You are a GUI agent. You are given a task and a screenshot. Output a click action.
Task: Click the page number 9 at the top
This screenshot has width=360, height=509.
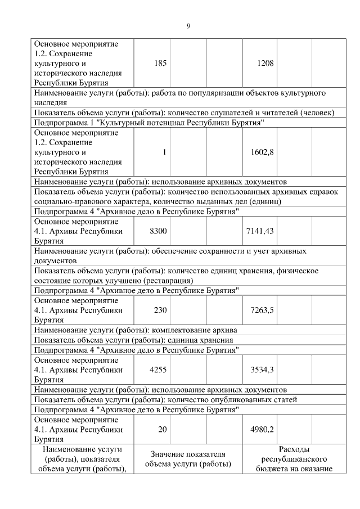(188, 26)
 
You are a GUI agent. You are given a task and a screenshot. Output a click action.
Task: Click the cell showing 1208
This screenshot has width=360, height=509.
(265, 64)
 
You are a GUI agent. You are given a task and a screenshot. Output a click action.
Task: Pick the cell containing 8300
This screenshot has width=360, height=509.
(158, 231)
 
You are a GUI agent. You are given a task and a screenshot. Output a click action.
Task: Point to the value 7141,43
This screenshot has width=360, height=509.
(260, 231)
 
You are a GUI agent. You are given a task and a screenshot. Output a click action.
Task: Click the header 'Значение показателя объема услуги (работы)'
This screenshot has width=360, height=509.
(188, 459)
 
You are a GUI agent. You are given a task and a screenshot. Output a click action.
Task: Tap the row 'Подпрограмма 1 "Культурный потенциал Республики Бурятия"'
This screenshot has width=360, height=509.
(150, 122)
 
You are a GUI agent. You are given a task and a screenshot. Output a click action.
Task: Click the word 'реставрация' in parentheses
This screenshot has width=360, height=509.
(168, 280)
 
